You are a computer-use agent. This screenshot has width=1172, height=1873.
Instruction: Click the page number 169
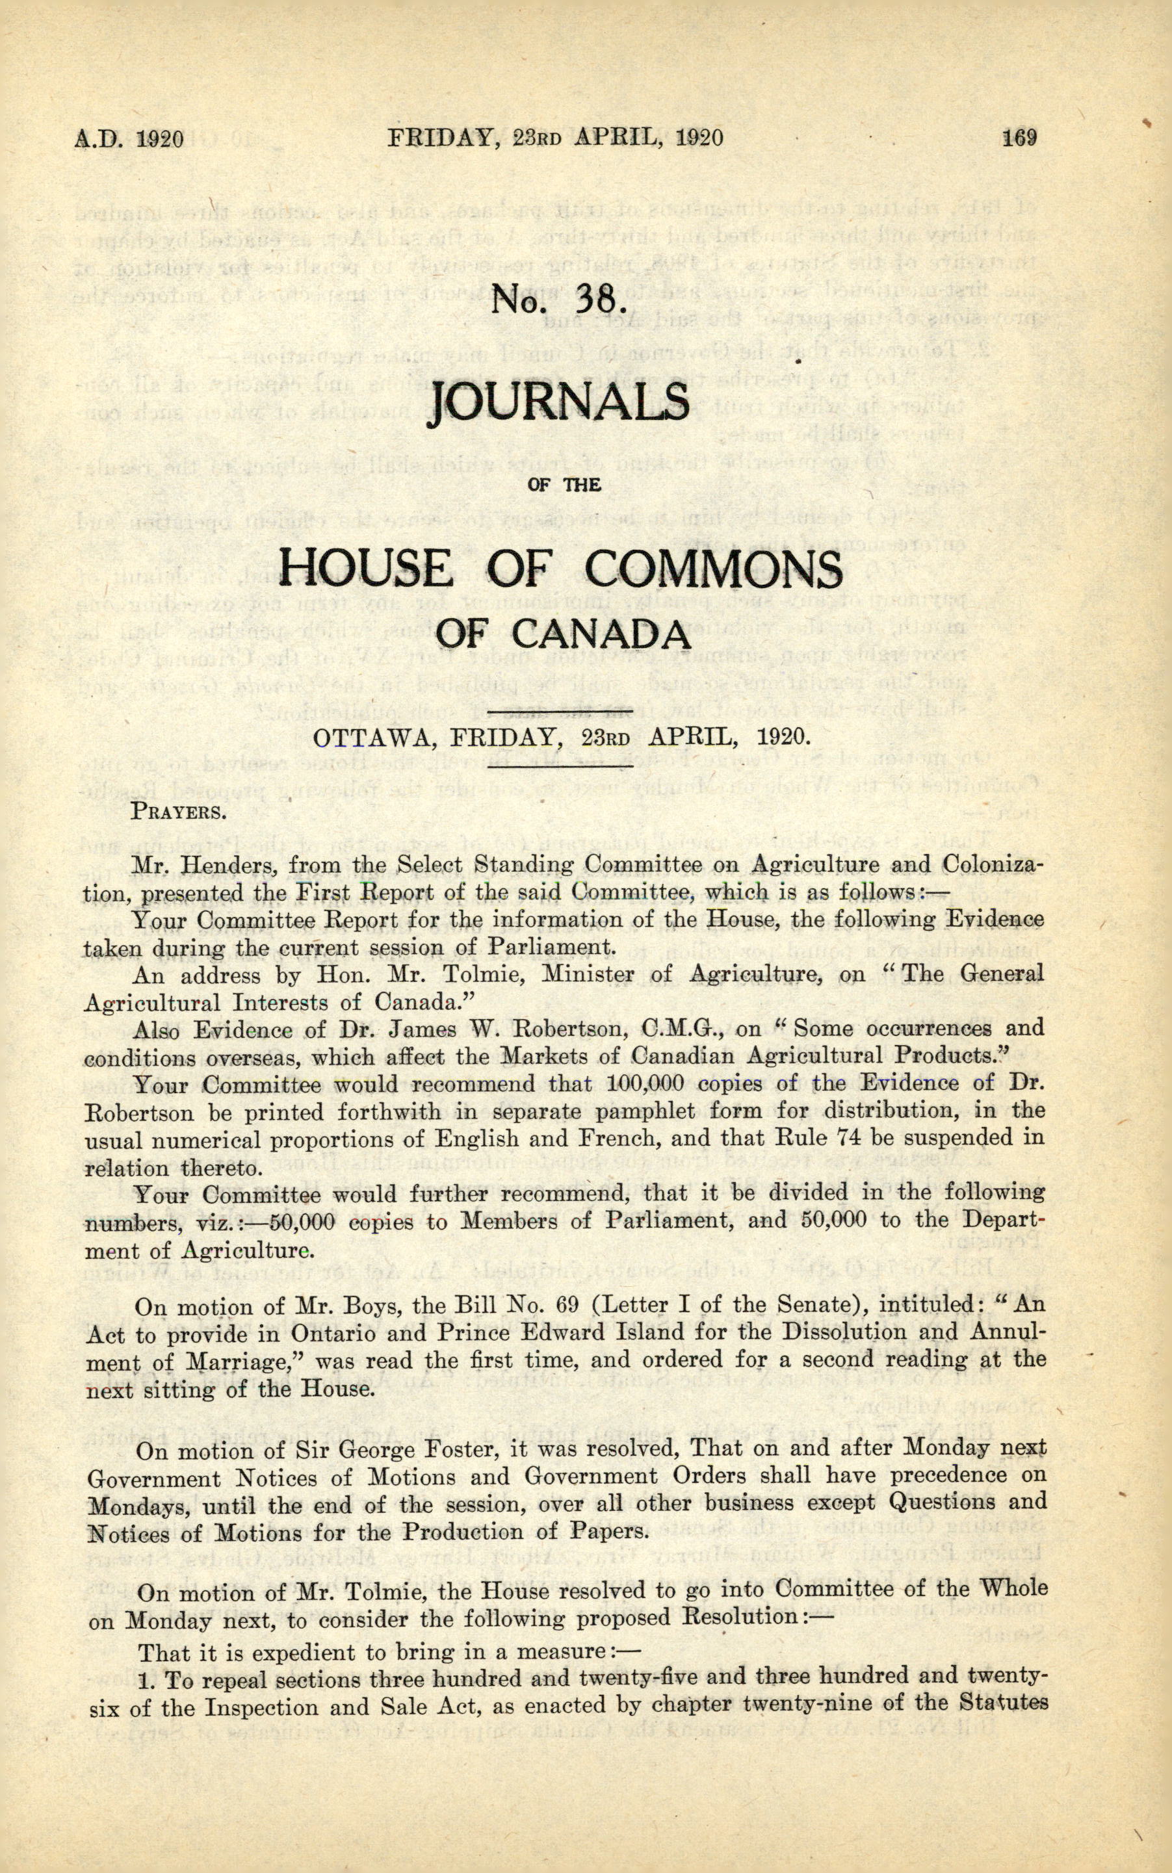click(1019, 138)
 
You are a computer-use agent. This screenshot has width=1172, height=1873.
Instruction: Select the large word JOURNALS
click(558, 403)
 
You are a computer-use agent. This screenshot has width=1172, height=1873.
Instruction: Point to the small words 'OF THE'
click(564, 485)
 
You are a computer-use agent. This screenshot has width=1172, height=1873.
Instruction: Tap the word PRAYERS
click(178, 812)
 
